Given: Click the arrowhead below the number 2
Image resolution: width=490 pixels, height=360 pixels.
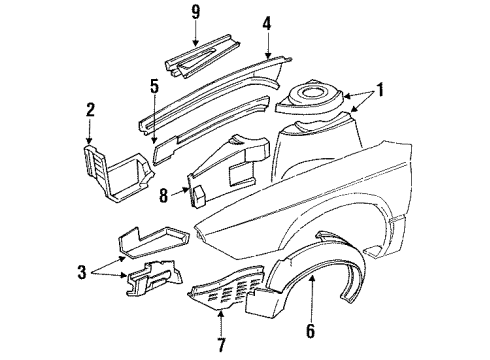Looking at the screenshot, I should (x=90, y=142).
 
